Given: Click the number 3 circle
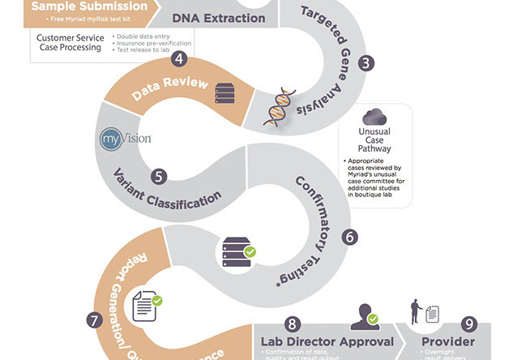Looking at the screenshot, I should click(367, 62).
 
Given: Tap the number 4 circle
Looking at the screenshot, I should click(178, 58).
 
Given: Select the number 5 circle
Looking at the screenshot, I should click(160, 175).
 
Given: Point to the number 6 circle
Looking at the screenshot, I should click(349, 237).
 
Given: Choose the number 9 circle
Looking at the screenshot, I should click(468, 323).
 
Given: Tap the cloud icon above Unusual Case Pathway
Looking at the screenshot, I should click(374, 117).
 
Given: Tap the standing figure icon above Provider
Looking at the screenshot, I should click(417, 310).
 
